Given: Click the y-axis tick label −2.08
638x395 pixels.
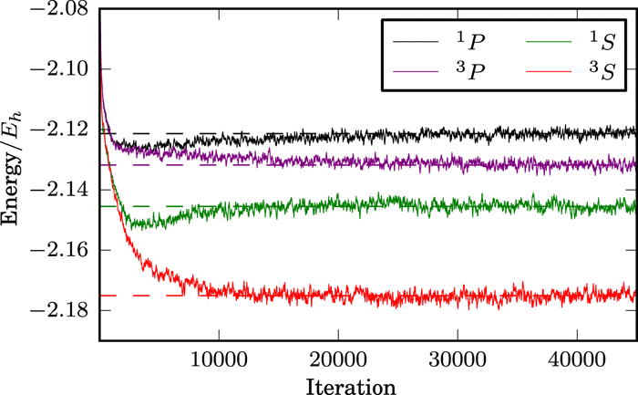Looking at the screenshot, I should point(57,10).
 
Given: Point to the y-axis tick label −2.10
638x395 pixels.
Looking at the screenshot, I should point(57,69).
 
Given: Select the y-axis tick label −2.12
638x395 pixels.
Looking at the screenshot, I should point(57,130).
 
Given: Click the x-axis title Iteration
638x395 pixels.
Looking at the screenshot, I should point(350,386).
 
